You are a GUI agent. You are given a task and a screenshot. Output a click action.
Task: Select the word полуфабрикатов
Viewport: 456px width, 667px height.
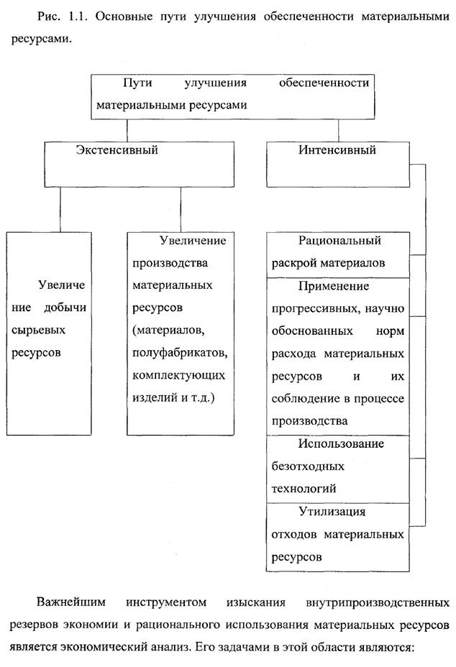click(179, 353)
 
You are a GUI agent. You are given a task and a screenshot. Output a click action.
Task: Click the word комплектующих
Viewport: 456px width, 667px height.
click(179, 376)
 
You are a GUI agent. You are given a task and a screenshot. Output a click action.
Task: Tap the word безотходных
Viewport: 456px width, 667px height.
click(308, 466)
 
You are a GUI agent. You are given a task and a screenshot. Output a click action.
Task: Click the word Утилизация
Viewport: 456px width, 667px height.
click(332, 512)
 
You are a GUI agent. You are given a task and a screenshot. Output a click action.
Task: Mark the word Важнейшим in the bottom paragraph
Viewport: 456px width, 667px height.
click(71, 601)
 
